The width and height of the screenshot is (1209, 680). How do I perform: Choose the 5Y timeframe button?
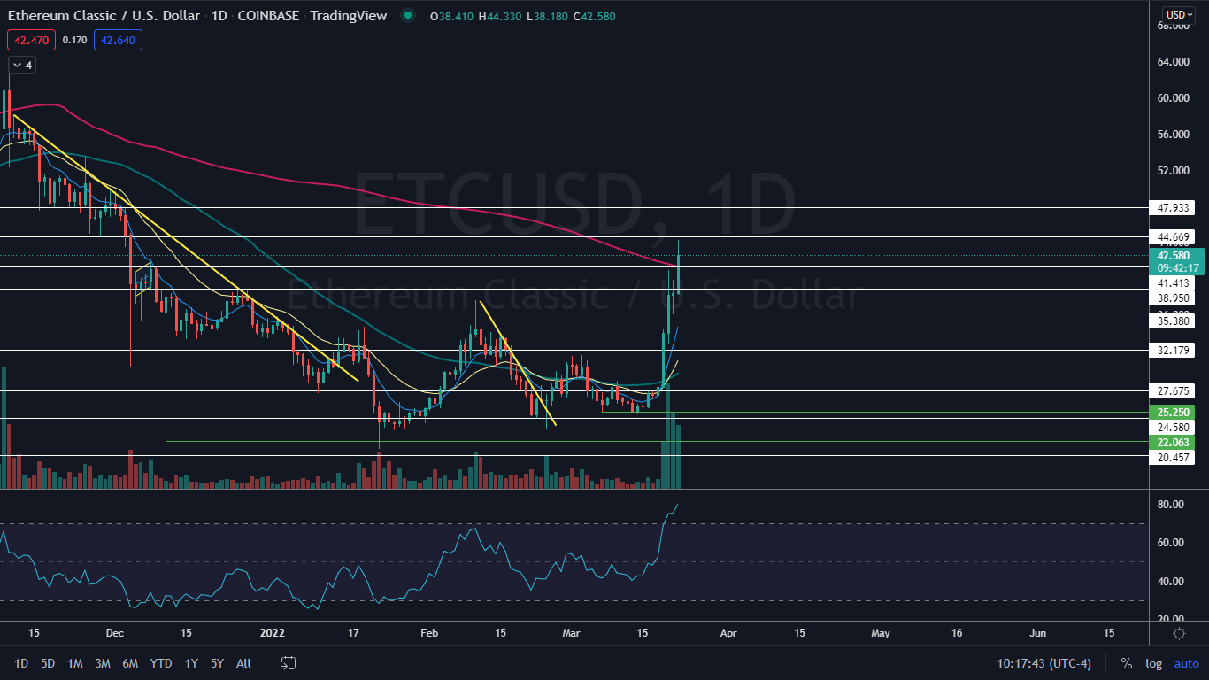click(x=218, y=663)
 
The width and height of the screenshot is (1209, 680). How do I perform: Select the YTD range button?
click(x=161, y=663)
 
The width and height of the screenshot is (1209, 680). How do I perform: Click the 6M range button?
click(x=130, y=663)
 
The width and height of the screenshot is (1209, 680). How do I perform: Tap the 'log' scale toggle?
click(x=1153, y=663)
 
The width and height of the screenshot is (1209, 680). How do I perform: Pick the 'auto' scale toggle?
click(x=1186, y=663)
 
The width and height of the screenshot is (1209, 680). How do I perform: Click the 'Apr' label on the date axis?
click(x=728, y=634)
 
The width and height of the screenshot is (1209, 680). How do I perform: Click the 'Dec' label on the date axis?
click(x=114, y=634)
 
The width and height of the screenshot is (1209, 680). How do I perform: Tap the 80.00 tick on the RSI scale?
click(x=1171, y=505)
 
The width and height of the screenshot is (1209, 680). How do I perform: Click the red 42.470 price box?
click(x=31, y=40)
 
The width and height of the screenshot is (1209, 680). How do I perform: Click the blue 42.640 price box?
click(x=119, y=40)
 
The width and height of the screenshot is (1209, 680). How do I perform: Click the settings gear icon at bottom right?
click(x=1179, y=634)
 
